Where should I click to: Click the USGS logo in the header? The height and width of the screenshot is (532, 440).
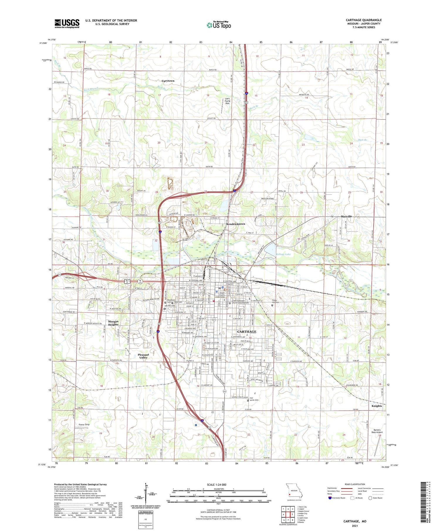[67, 23]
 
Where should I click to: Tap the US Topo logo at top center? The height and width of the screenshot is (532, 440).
[219, 25]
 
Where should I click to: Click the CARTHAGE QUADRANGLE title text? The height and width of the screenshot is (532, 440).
[363, 20]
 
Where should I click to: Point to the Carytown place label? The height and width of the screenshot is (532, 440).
[168, 81]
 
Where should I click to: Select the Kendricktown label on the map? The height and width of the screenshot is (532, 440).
[236, 224]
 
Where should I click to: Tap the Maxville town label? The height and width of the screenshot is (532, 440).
[346, 216]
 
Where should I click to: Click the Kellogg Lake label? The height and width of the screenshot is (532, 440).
[283, 254]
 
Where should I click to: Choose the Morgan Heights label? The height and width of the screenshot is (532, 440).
[113, 323]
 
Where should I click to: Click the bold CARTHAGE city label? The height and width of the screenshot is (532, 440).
[246, 332]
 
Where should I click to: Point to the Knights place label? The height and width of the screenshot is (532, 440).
[377, 406]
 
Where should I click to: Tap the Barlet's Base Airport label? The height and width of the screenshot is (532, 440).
[377, 430]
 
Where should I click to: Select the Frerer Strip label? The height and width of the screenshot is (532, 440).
[84, 425]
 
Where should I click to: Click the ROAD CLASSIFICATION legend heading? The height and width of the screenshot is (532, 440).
[355, 484]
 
